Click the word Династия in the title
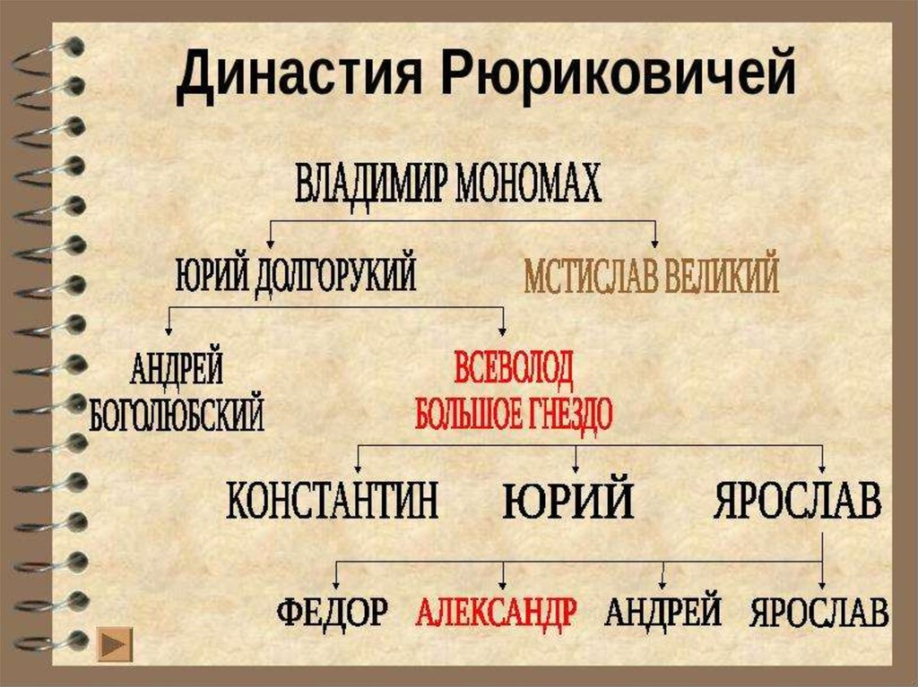[x=299, y=75]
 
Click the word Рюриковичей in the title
[x=619, y=75]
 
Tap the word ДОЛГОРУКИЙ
[x=335, y=275]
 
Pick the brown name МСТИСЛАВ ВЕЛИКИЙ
[x=651, y=278]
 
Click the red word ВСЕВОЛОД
[x=514, y=368]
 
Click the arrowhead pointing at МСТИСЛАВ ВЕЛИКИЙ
[x=655, y=242]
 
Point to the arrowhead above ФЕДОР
[x=336, y=581]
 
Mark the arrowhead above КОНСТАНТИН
[x=359, y=467]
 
